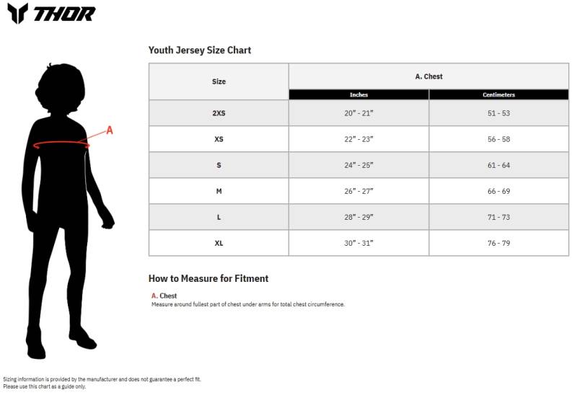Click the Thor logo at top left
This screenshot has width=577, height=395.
coord(51,13)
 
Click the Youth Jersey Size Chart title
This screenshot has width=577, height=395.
coord(200,50)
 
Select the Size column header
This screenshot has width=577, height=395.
coord(219,81)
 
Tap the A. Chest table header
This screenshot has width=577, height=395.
coord(428,76)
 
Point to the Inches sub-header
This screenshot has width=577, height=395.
coord(358,95)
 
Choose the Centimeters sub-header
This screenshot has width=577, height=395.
coord(498,95)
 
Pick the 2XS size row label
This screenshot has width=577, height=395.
coord(219,113)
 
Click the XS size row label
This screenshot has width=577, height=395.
coord(219,139)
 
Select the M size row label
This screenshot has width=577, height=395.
coord(219,191)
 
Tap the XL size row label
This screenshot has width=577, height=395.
coord(219,243)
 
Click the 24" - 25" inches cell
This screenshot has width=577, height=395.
coord(358,165)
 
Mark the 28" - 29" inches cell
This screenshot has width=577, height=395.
coord(358,217)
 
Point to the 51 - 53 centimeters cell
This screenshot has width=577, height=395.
coord(498,113)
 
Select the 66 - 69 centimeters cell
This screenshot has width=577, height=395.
coord(498,191)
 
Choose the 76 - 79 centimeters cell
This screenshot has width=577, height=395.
coord(498,243)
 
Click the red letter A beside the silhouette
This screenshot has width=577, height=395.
coord(110,130)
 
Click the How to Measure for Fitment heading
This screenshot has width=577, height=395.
coord(208,278)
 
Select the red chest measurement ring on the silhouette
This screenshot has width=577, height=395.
coord(61,145)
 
